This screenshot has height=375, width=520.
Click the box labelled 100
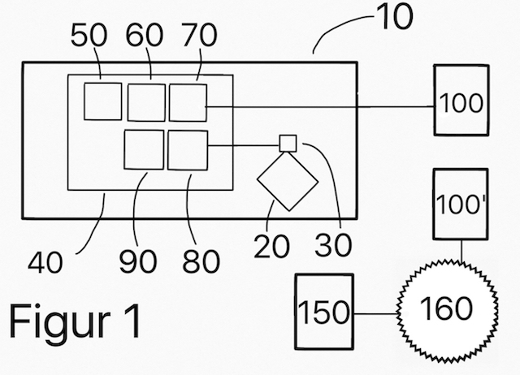click(461, 103)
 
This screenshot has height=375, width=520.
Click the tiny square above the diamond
click(287, 142)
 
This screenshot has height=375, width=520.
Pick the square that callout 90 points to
click(144, 149)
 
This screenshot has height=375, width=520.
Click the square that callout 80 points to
click(188, 149)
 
